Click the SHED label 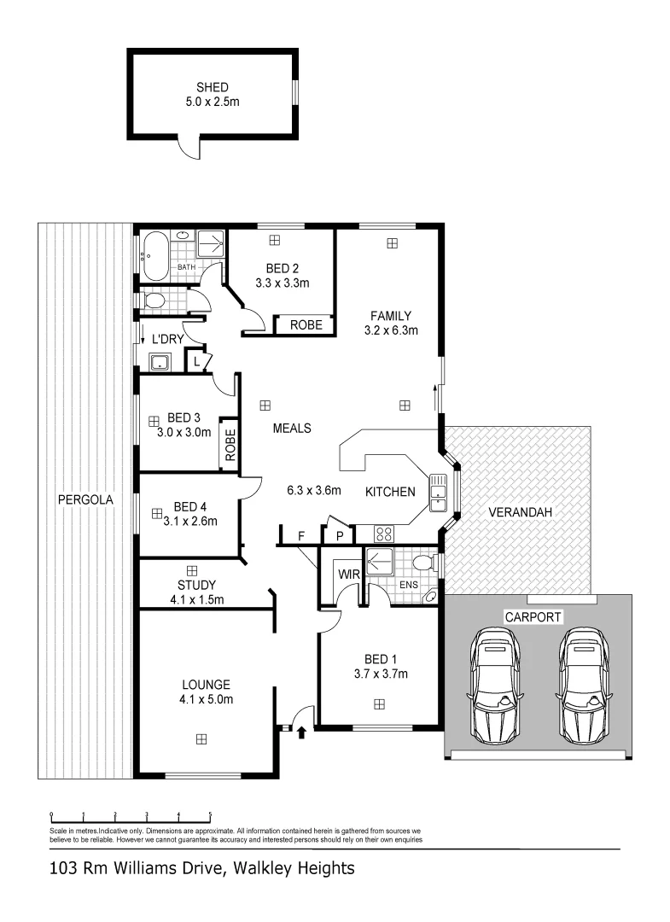point(213,87)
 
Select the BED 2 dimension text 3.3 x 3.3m point(282,283)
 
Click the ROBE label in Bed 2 point(306,325)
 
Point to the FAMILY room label point(391,315)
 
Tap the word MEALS point(291,429)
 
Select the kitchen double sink point(438,493)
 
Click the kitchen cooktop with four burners point(384,534)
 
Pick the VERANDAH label point(521,512)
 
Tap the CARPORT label point(533,616)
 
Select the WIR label point(348,574)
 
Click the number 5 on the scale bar point(210,814)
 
